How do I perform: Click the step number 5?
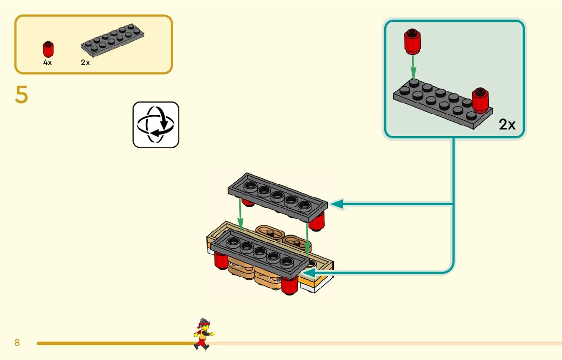tap(21, 95)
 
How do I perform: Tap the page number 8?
tap(17, 343)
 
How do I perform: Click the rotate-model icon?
tap(155, 124)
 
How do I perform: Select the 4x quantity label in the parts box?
tap(47, 62)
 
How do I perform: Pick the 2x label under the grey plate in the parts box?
tap(85, 62)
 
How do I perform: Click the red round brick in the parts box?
tap(48, 50)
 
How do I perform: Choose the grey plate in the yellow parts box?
tap(112, 40)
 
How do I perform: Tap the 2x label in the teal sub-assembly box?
tap(507, 124)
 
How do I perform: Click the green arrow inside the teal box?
tap(414, 67)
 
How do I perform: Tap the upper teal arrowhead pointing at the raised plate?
tap(336, 204)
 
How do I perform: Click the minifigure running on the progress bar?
tap(203, 334)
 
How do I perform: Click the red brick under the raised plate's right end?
tap(317, 222)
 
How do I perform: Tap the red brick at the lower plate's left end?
tap(221, 261)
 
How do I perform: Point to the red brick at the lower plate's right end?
tap(289, 286)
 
